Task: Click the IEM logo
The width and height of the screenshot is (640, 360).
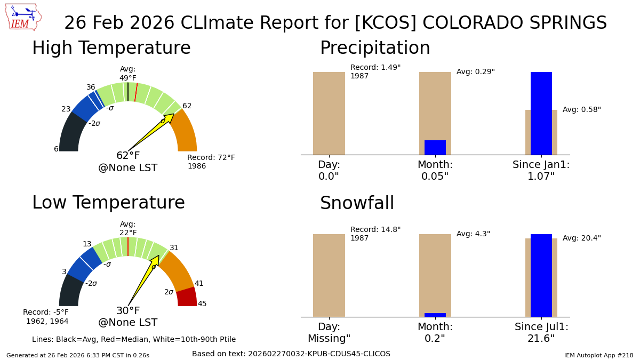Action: (x=23, y=17)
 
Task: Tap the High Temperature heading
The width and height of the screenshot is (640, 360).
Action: (x=111, y=49)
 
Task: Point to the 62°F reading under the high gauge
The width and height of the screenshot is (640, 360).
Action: (x=128, y=156)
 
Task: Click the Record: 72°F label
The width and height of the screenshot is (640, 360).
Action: (x=211, y=158)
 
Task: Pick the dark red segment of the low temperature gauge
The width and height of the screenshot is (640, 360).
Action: (x=187, y=297)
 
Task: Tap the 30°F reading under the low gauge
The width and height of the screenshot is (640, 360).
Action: (x=128, y=311)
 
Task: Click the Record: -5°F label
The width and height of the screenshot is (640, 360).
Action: (x=46, y=313)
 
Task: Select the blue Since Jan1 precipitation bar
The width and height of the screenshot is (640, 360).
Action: (x=541, y=113)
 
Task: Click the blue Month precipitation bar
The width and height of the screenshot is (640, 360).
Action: (x=435, y=148)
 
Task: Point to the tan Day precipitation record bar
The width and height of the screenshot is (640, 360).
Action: (x=329, y=113)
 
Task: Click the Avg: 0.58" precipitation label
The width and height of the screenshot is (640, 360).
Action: (x=581, y=110)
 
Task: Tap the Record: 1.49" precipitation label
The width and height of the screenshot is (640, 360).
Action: (x=375, y=68)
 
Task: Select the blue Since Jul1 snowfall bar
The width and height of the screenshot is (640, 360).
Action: (x=541, y=275)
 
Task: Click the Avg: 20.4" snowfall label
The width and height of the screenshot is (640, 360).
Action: (x=581, y=238)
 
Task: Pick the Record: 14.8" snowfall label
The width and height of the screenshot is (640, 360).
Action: (x=375, y=230)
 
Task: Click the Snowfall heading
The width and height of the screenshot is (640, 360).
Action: (x=357, y=204)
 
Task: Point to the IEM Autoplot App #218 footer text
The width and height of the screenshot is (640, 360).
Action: (x=598, y=355)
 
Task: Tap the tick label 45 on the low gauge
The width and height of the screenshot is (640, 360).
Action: (x=202, y=304)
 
